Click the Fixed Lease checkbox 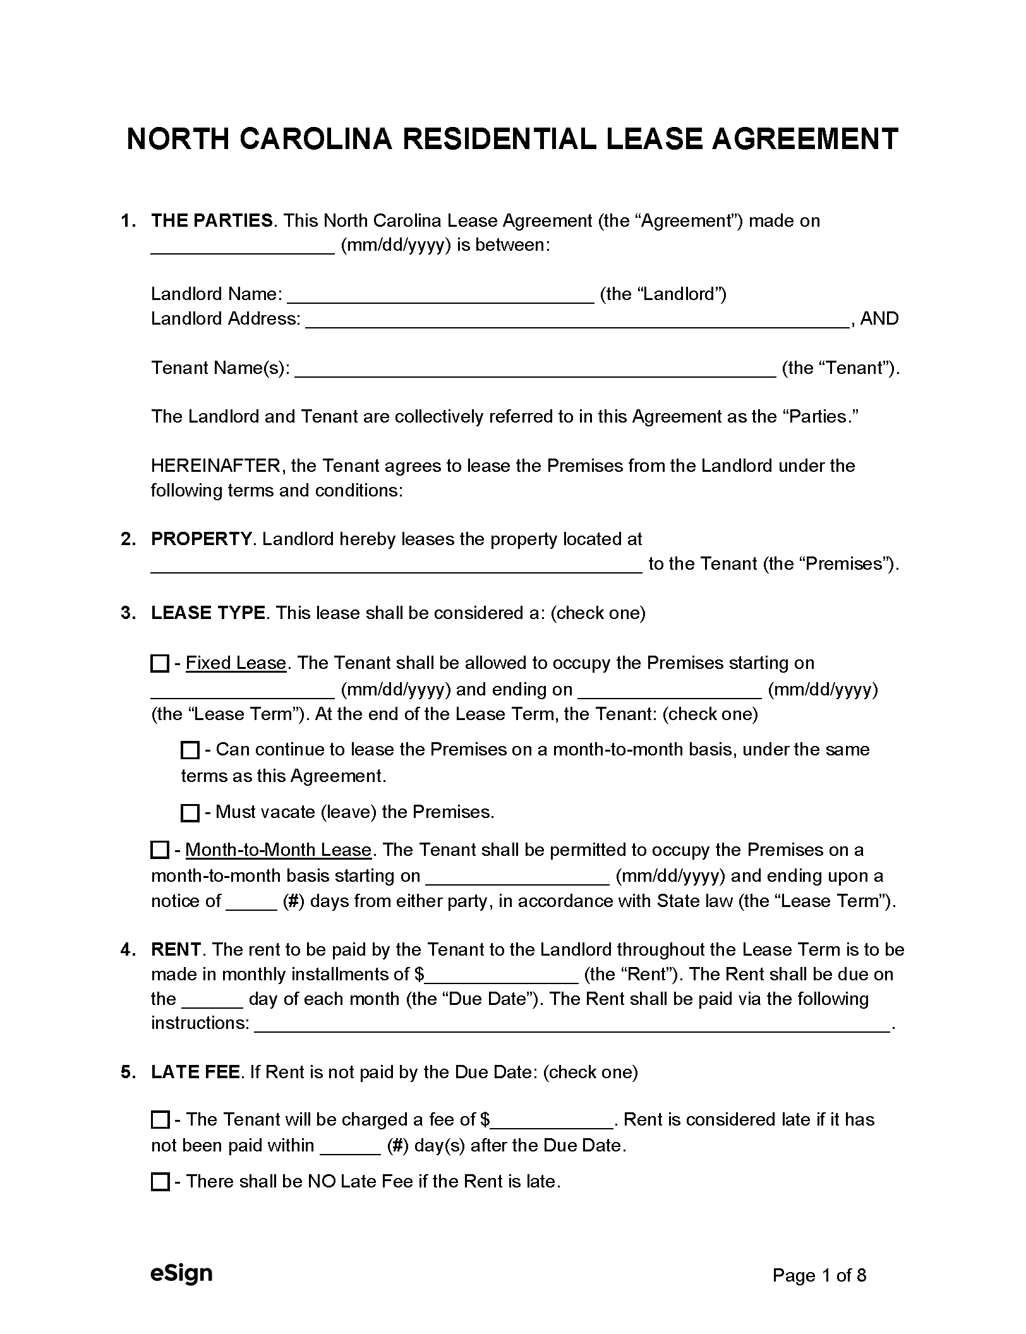160,664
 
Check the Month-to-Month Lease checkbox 160,850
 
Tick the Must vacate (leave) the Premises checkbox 190,813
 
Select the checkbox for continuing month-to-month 190,750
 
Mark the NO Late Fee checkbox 160,1182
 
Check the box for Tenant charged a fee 160,1120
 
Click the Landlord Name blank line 440,296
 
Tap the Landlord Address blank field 577,320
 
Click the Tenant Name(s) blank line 535,370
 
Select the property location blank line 396,565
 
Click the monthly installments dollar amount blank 502,976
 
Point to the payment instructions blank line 572,1025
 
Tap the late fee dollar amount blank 552,1121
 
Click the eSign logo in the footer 181,1273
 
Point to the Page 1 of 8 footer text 819,1276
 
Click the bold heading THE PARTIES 212,221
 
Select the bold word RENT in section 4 176,950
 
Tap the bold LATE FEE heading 195,1072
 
